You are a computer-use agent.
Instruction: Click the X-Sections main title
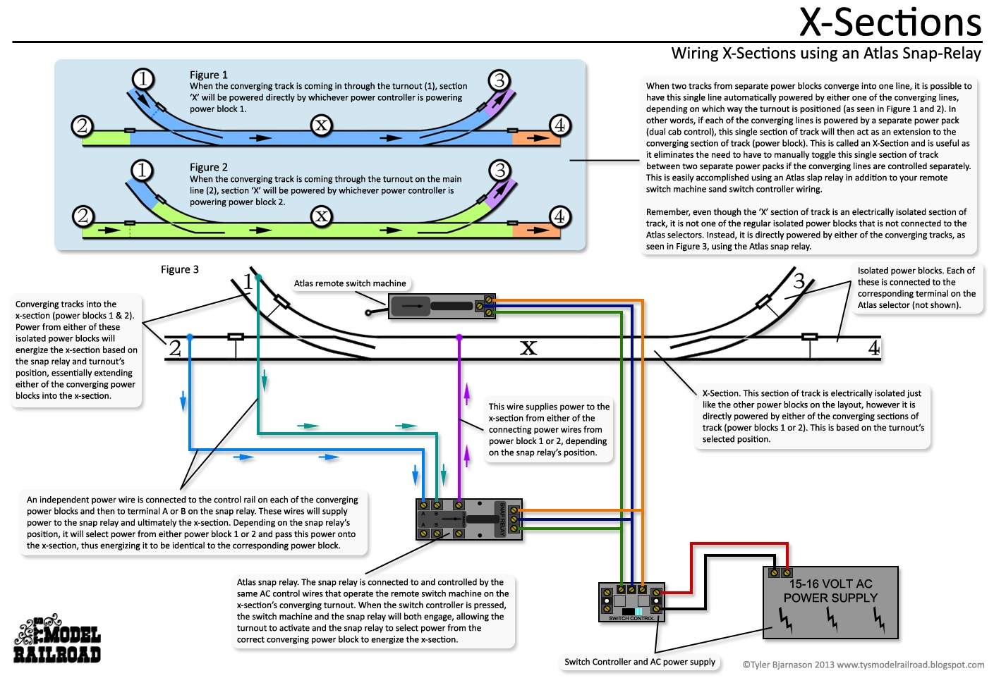pyautogui.click(x=890, y=23)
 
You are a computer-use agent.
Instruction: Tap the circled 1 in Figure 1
pyautogui.click(x=143, y=78)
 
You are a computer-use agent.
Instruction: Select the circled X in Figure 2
pyautogui.click(x=322, y=216)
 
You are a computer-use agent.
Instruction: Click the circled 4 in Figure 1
pyautogui.click(x=559, y=125)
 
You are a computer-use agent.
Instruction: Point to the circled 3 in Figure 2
pyautogui.click(x=499, y=170)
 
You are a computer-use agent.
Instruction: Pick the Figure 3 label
pyautogui.click(x=180, y=269)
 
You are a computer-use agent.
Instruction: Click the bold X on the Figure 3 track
pyautogui.click(x=528, y=347)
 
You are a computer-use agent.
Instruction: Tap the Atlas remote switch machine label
pyautogui.click(x=350, y=283)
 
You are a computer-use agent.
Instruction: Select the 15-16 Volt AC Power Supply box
pyautogui.click(x=830, y=603)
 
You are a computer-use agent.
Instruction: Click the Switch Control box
pyautogui.click(x=631, y=602)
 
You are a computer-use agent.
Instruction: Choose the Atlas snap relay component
pyautogui.click(x=469, y=519)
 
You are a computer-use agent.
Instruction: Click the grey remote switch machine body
pyautogui.click(x=441, y=307)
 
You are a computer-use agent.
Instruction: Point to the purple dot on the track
pyautogui.click(x=459, y=338)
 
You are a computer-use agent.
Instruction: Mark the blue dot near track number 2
pyautogui.click(x=190, y=338)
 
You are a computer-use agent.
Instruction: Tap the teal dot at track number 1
pyautogui.click(x=259, y=278)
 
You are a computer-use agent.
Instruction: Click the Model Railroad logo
pyautogui.click(x=57, y=640)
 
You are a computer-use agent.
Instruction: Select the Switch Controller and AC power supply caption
pyautogui.click(x=640, y=662)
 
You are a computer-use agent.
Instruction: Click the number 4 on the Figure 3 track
pyautogui.click(x=874, y=348)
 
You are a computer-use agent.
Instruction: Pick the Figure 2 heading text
pyautogui.click(x=209, y=167)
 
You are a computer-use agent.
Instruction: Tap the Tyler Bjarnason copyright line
pyautogui.click(x=863, y=665)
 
